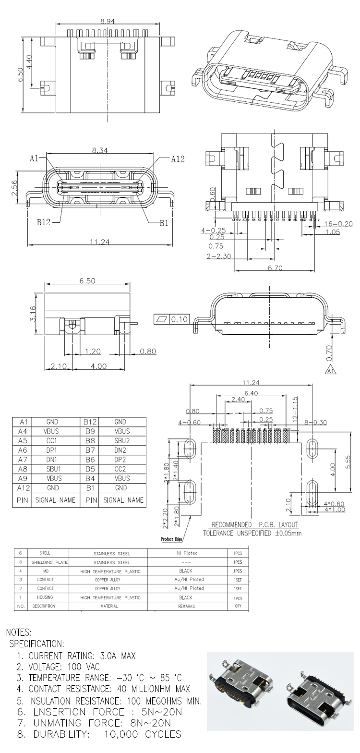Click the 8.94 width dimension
(x=108, y=21)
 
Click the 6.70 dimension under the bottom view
(x=275, y=268)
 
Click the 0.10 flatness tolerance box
(x=180, y=319)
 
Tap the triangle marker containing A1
(x=330, y=370)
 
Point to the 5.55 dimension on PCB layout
(x=349, y=461)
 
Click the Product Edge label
(x=172, y=539)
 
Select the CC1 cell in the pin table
(x=52, y=440)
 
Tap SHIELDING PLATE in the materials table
(x=49, y=562)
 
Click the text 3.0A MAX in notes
(x=115, y=656)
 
